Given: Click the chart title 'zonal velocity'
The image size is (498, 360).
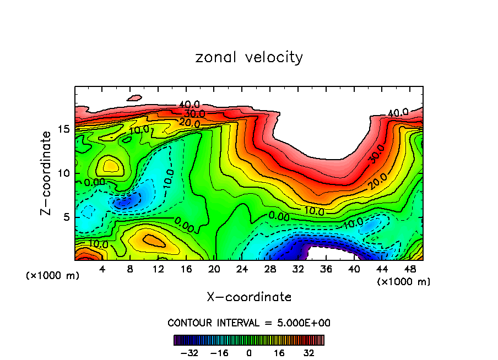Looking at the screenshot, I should [249, 57].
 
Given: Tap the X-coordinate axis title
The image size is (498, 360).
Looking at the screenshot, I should [249, 297].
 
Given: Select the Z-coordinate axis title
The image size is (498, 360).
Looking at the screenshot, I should [48, 173].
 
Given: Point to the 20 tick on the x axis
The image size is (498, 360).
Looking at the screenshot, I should [214, 269].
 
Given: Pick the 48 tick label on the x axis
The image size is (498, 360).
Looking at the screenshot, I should [410, 269].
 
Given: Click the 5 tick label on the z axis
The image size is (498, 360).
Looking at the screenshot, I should [64, 217].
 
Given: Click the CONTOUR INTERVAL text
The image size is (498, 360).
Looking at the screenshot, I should [249, 323].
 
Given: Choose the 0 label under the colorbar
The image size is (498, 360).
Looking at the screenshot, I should [249, 352].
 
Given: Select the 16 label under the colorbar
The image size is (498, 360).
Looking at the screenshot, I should [279, 352].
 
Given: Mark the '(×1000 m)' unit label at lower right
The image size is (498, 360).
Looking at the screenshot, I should [403, 282].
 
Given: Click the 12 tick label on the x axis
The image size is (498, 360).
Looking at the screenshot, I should [158, 269].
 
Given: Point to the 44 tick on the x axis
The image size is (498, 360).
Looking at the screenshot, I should [382, 269].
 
